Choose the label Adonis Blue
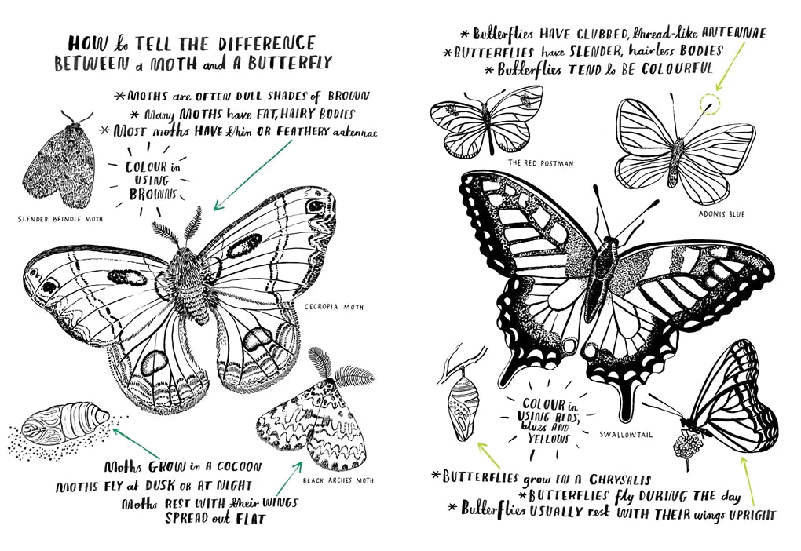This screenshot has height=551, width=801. [x=721, y=213]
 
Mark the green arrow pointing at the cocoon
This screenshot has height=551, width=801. [x=134, y=442]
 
